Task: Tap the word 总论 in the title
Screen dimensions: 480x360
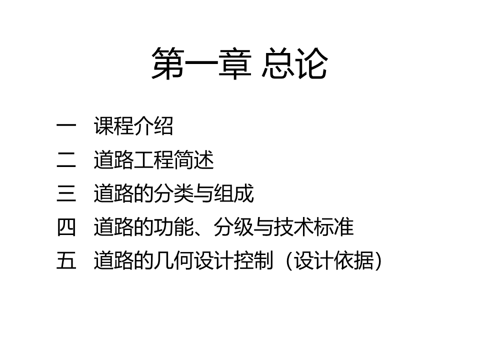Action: tap(294, 64)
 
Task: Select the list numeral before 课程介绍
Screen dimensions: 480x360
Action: tap(66, 127)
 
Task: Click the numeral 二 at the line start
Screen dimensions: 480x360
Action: tap(66, 160)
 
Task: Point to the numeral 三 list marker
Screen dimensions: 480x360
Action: tap(66, 194)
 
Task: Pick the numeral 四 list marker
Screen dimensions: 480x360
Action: tap(66, 227)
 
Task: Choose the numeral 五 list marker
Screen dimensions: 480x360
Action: tap(66, 261)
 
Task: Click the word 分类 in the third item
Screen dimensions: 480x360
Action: tap(173, 194)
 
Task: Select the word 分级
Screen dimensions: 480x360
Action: tap(233, 227)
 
